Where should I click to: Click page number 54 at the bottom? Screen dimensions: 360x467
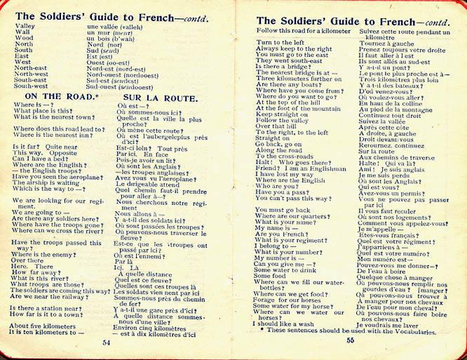click(x=107, y=343)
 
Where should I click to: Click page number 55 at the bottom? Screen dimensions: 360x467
click(x=350, y=340)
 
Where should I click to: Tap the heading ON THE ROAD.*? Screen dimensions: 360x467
click(x=60, y=95)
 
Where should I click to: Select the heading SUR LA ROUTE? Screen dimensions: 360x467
click(x=160, y=98)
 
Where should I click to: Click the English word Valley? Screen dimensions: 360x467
click(x=25, y=26)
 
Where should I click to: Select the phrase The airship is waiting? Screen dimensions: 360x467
click(x=48, y=181)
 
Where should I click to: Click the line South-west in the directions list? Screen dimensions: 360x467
click(x=32, y=86)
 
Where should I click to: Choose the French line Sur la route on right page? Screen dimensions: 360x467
click(x=377, y=150)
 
